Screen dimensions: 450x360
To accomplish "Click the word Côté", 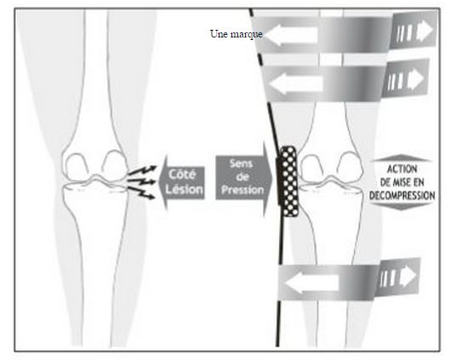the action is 183,174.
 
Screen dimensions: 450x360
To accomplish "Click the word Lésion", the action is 184,189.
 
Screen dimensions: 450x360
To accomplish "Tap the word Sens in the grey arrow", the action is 241,163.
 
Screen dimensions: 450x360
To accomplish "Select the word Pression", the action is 242,190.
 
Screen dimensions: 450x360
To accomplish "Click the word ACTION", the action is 402,169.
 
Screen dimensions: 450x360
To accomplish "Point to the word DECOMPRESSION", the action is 402,196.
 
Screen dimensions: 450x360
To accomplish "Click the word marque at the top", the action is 247,34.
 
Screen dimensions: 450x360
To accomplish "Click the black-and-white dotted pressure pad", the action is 288,181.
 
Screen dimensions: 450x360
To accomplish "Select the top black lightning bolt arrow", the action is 143,170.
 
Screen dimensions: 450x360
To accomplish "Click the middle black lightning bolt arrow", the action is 142,181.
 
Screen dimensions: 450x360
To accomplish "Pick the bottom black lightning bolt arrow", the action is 141,192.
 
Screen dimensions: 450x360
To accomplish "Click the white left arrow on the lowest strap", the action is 312,283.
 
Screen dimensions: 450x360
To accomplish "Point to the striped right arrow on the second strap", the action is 406,78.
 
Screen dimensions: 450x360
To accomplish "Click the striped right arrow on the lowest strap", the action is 398,277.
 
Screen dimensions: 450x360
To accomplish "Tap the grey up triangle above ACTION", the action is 402,158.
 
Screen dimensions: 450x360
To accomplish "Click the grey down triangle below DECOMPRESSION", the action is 402,206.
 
